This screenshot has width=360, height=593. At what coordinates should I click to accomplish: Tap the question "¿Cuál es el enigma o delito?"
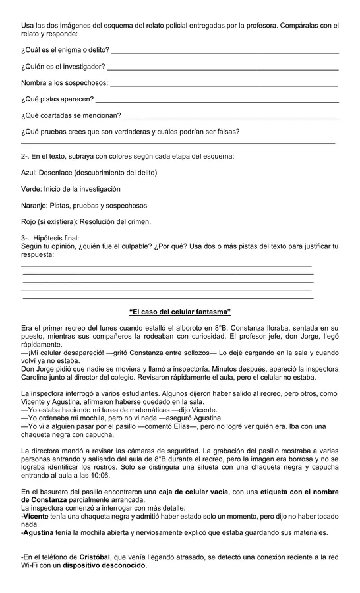click(x=65, y=49)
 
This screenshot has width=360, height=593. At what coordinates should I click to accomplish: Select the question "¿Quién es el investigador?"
click(x=63, y=67)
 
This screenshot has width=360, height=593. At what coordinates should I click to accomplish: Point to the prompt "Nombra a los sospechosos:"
click(x=65, y=83)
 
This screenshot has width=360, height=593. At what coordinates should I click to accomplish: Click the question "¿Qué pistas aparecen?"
click(x=57, y=99)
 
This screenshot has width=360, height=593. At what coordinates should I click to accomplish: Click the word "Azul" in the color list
click(x=29, y=173)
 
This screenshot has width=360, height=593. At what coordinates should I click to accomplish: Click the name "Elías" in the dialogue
click(x=189, y=426)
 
